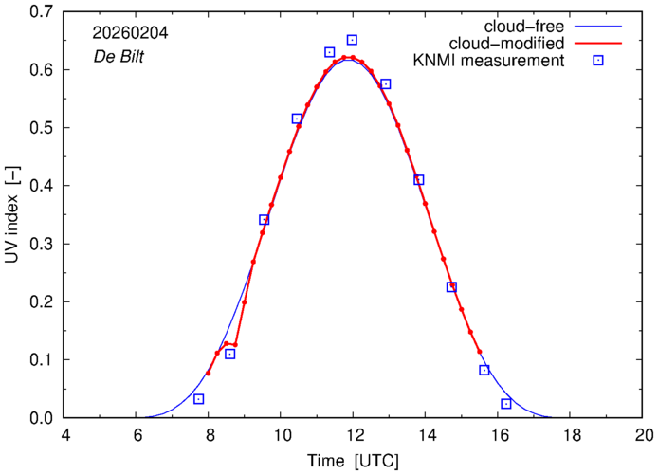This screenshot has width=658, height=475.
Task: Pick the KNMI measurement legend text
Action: tap(491, 62)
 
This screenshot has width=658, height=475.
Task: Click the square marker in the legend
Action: tap(599, 62)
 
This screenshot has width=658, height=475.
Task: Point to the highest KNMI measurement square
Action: tap(352, 40)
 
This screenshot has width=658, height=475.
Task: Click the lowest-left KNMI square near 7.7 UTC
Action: tap(199, 399)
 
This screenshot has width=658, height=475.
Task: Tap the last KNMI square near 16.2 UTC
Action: tap(506, 404)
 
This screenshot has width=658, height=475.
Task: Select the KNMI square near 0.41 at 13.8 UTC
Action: tap(419, 180)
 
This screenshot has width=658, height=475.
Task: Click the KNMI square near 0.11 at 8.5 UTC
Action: tap(230, 354)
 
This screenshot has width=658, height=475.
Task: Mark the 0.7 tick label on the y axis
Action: tap(40, 12)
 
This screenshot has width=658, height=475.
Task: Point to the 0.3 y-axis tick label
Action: tap(40, 244)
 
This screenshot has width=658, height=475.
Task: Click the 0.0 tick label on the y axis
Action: tap(40, 418)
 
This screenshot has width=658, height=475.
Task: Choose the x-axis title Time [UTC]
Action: tap(354, 461)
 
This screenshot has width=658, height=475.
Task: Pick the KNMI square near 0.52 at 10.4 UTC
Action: tap(298, 119)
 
